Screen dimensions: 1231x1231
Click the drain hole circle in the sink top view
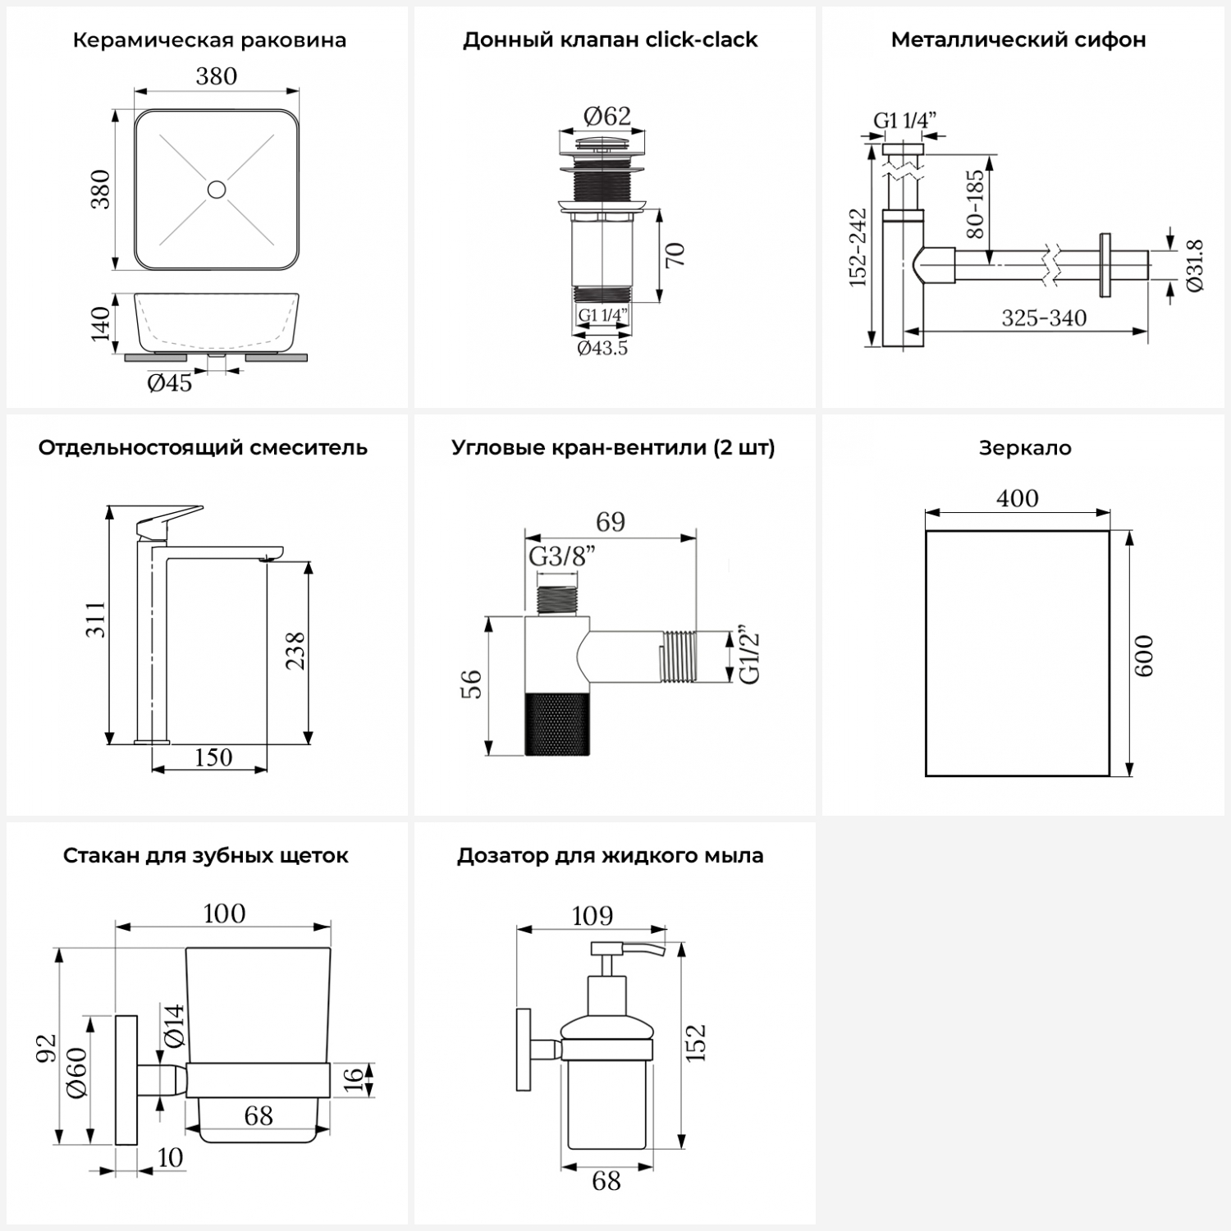(216, 190)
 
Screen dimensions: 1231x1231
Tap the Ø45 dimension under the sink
(169, 382)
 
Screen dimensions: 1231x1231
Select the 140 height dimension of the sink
(101, 323)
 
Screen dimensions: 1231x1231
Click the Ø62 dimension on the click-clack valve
(607, 117)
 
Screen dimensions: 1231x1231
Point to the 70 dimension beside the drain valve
(675, 254)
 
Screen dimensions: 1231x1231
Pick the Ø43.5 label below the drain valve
(602, 348)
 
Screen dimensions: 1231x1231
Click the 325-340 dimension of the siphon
(1043, 318)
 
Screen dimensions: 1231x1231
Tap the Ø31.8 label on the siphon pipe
(1195, 265)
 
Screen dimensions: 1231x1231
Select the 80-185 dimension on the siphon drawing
(975, 204)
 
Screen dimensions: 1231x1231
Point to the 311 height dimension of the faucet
(96, 620)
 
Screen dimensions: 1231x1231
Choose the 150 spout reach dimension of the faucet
(213, 757)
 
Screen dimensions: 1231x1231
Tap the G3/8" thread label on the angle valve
(561, 556)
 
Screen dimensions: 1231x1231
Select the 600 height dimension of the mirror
(1144, 655)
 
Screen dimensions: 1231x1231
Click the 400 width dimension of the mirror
(1018, 498)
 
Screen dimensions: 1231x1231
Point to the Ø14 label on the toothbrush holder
(173, 1025)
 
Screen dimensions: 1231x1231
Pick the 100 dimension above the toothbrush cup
(223, 913)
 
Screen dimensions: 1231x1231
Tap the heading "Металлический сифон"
(1018, 39)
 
